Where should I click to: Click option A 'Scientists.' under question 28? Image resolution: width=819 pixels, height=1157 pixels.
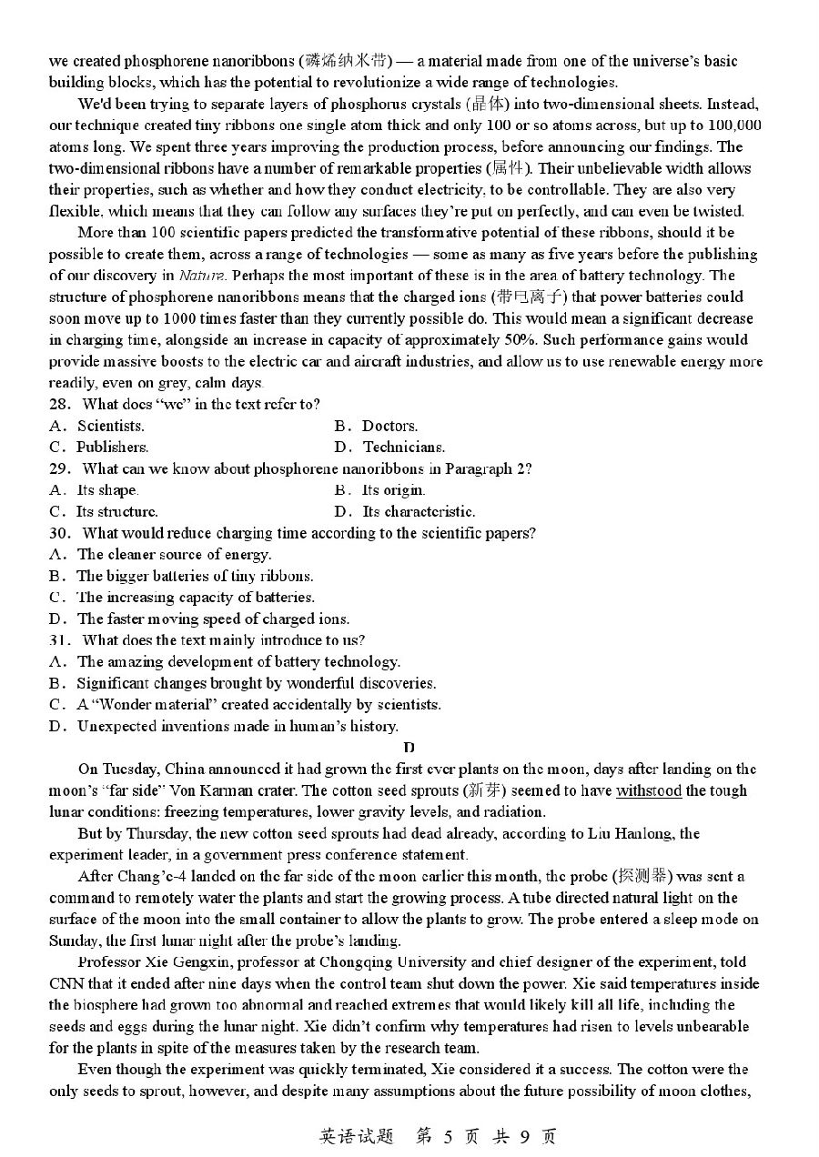[x=110, y=426]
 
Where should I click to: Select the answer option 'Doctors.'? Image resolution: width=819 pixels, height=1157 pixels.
[x=389, y=426]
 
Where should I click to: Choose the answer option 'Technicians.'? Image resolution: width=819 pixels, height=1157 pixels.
[x=404, y=447]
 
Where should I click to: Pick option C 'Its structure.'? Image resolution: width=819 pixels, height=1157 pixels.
[x=116, y=511]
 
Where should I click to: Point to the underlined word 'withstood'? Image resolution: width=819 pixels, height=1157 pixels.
[x=649, y=790]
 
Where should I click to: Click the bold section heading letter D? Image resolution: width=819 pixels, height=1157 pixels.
[x=409, y=748]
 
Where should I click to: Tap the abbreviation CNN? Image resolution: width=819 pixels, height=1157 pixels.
[x=67, y=983]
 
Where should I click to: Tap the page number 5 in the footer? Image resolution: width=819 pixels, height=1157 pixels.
[x=447, y=1136]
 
